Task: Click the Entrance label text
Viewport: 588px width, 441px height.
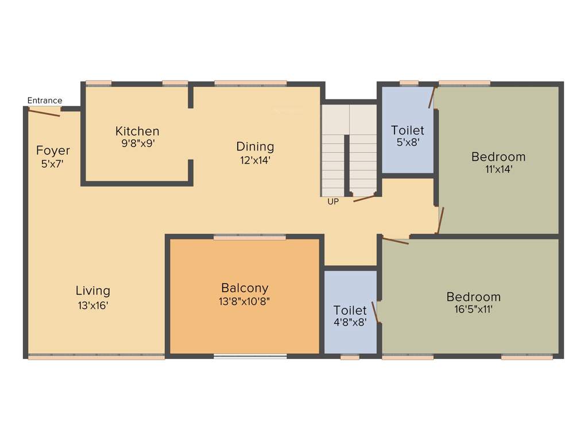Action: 45,100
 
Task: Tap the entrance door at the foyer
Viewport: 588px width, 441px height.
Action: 45,111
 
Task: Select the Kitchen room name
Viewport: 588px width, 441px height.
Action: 137,131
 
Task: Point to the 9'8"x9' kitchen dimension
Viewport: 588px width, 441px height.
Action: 137,144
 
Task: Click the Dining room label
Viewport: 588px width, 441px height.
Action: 255,146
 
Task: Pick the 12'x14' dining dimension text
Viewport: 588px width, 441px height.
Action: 255,160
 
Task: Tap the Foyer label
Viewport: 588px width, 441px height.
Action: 53,150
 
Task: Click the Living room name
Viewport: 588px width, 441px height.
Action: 93,291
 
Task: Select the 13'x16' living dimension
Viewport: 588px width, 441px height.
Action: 93,305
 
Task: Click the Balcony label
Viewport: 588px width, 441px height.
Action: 245,288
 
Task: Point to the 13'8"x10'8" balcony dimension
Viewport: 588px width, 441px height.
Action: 245,301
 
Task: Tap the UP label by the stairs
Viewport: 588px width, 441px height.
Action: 332,202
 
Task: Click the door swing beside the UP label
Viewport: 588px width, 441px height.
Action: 364,198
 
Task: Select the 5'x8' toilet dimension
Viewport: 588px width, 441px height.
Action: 408,143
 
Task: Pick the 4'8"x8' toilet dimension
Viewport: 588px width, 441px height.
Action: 350,323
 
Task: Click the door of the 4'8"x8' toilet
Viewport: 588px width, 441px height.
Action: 375,312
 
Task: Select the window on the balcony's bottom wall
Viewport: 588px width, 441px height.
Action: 250,357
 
